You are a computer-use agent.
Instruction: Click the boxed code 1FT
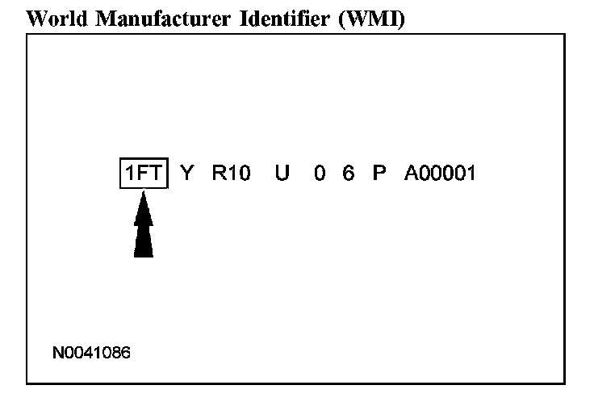pyautogui.click(x=143, y=174)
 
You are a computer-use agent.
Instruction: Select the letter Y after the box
pyautogui.click(x=186, y=174)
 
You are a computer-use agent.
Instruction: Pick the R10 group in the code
pyautogui.click(x=232, y=174)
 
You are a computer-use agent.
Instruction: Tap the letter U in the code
pyautogui.click(x=282, y=174)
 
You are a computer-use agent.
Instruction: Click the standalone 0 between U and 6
pyautogui.click(x=320, y=174)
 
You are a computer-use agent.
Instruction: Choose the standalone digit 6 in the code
pyautogui.click(x=348, y=174)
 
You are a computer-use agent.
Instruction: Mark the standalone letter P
pyautogui.click(x=379, y=174)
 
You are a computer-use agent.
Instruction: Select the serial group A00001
pyautogui.click(x=441, y=174)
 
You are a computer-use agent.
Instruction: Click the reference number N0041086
pyautogui.click(x=91, y=353)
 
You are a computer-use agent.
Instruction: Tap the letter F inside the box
pyautogui.click(x=144, y=174)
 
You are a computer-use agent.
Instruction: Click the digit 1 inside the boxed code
pyautogui.click(x=129, y=174)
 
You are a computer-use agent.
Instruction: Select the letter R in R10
pyautogui.click(x=219, y=174)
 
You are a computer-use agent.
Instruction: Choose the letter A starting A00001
pyautogui.click(x=411, y=174)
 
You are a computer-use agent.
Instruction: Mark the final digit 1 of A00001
pyautogui.click(x=471, y=174)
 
